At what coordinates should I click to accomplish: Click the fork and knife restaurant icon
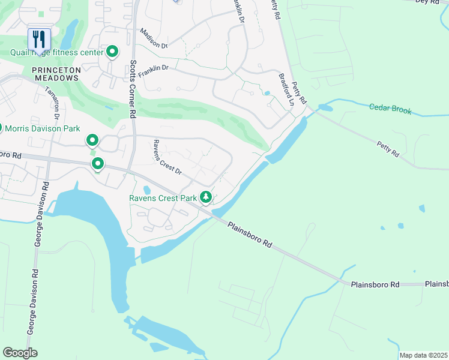(39, 40)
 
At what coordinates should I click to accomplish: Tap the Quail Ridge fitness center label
(56, 52)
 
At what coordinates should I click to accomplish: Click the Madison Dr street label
(153, 37)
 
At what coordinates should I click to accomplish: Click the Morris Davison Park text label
(44, 128)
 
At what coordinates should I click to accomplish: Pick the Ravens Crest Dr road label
(166, 157)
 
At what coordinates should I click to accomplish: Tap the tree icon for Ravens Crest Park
(206, 197)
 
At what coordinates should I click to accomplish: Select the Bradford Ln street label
(286, 90)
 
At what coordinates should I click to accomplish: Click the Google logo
(19, 352)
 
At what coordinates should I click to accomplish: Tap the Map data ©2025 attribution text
(423, 355)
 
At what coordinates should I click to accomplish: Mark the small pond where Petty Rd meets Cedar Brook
(325, 108)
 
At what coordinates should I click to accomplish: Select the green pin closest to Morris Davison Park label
(92, 141)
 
